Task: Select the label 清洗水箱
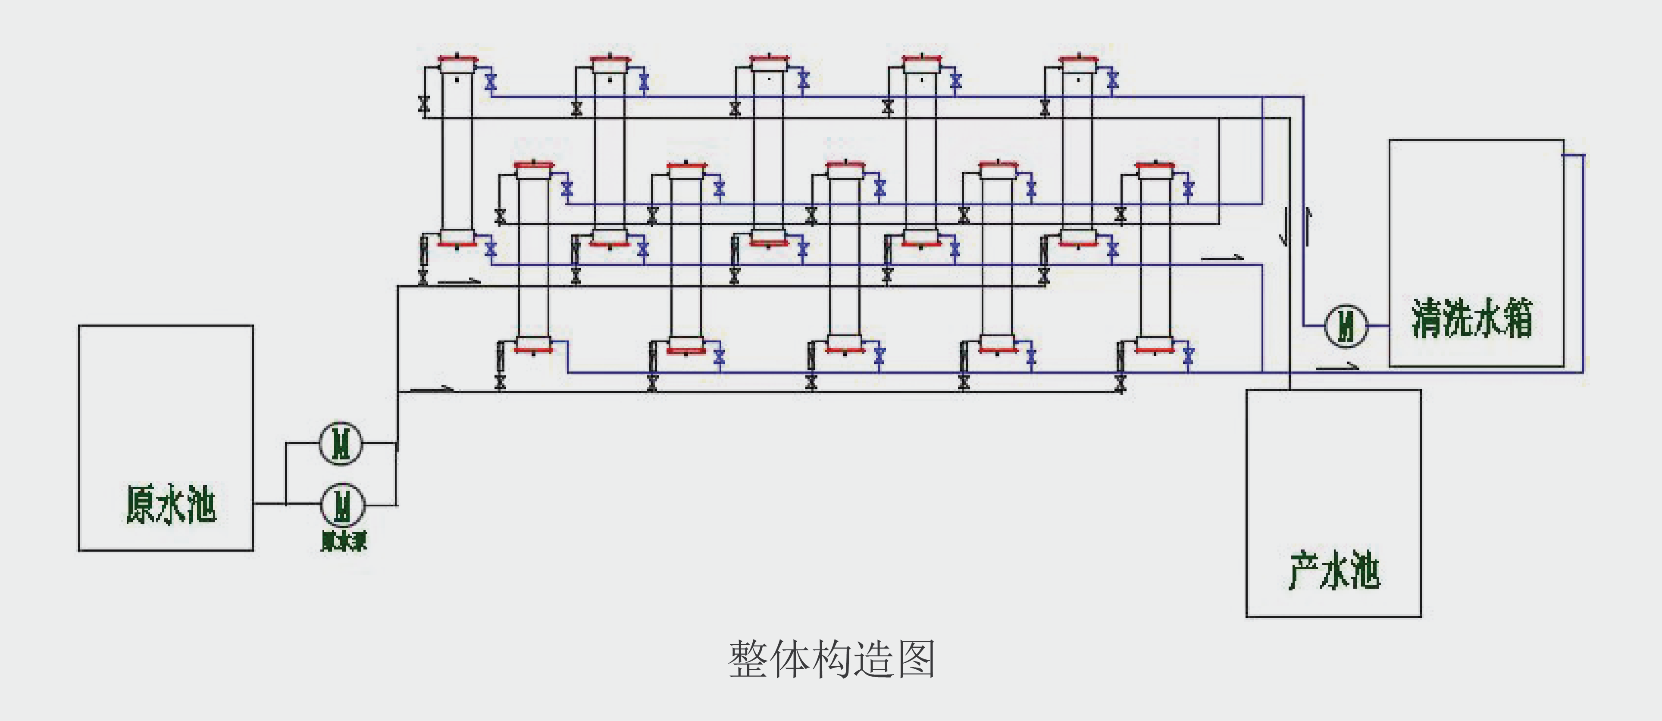pos(1471,318)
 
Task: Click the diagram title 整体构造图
pos(832,659)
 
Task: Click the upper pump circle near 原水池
pos(341,443)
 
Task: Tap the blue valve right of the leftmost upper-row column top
pos(490,82)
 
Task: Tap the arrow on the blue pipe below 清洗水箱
pos(1337,367)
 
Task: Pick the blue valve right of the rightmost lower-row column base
pos(1189,356)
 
